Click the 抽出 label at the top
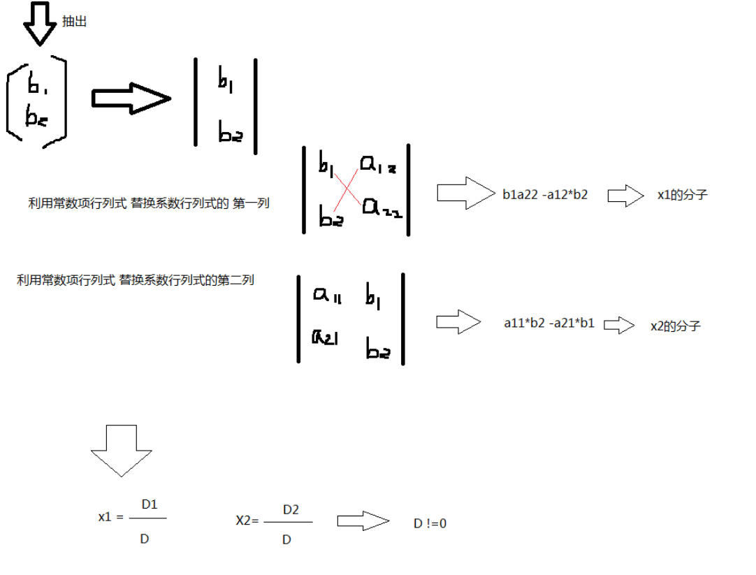tap(75, 22)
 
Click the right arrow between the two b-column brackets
tap(131, 99)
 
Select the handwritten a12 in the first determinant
tap(377, 165)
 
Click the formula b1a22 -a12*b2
tap(545, 196)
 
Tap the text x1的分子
tap(683, 196)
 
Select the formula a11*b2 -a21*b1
tap(549, 323)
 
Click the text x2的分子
tap(675, 326)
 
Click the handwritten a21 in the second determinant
tap(325, 338)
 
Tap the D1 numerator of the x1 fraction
tap(150, 504)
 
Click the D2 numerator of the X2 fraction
tap(291, 510)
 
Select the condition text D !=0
tap(430, 523)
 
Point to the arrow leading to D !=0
tap(362, 521)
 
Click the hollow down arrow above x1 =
tap(122, 450)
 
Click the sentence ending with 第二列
tap(136, 281)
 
